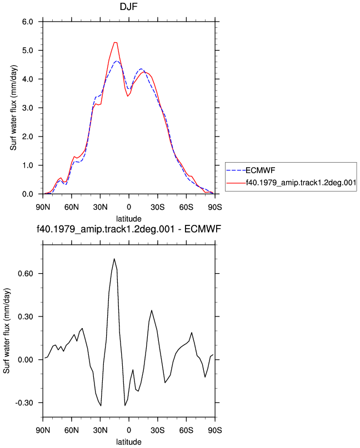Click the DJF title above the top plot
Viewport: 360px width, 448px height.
pos(129,6)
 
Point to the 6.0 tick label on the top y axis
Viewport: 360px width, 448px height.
pos(28,22)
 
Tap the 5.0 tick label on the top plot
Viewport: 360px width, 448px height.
pos(28,51)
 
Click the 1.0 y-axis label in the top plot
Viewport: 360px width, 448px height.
pos(28,165)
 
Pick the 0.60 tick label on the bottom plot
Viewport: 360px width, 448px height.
pos(26,274)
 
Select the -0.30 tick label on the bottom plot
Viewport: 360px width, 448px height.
pos(24,403)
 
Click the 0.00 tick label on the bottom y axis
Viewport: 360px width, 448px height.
pos(26,360)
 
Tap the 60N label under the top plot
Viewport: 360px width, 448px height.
pos(72,207)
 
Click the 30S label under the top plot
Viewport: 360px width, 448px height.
pos(158,207)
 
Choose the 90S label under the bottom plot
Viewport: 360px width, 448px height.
pos(215,430)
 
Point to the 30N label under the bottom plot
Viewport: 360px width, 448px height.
pos(100,430)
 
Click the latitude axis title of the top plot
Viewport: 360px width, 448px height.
pos(129,219)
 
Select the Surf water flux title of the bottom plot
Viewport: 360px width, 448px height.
pos(6,331)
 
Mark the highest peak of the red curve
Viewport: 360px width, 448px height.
pos(115,42)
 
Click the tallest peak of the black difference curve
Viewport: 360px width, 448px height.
pos(114,259)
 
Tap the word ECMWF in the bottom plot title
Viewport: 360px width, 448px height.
pos(202,229)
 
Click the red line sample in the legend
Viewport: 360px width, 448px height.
pos(236,182)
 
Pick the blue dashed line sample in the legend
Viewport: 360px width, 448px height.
pos(236,170)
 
